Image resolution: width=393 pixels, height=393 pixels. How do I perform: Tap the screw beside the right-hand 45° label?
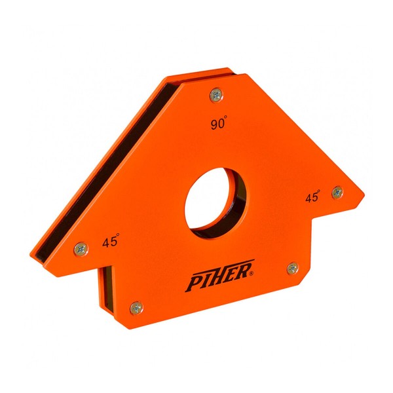click(x=337, y=192)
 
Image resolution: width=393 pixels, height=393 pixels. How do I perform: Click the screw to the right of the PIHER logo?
click(x=292, y=268)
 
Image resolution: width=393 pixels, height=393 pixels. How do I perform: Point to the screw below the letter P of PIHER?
click(x=136, y=306)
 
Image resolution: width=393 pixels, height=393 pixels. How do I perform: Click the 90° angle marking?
click(x=218, y=124)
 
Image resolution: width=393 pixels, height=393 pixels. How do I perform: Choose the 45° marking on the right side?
click(x=312, y=197)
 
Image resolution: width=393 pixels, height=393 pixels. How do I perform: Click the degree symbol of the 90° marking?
click(x=227, y=119)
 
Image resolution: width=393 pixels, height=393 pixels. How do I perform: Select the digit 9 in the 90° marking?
click(x=212, y=125)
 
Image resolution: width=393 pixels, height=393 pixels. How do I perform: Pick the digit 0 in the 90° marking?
click(x=220, y=125)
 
